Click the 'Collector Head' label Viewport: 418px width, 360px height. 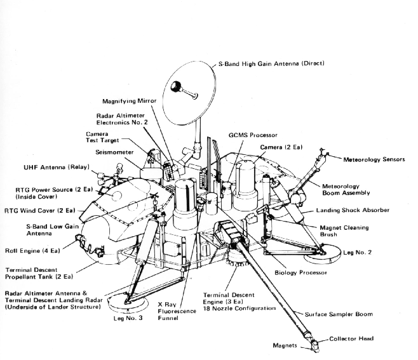[368, 340]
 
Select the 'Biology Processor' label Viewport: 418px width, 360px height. [301, 272]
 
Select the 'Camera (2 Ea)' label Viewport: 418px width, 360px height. [281, 147]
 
